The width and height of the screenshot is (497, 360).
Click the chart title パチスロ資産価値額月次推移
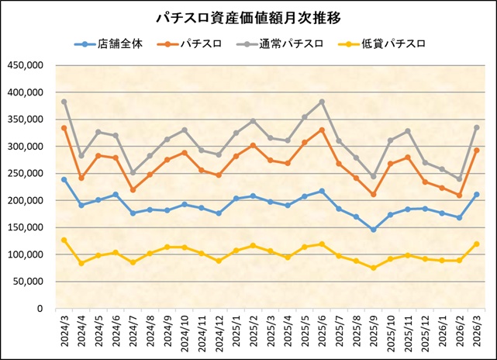(x=248, y=16)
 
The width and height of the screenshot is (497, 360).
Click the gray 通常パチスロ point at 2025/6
(x=321, y=102)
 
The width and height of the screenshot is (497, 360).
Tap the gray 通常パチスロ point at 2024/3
(x=64, y=102)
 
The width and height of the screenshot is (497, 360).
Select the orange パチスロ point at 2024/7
(x=133, y=189)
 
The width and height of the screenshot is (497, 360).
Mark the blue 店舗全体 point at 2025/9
(x=373, y=230)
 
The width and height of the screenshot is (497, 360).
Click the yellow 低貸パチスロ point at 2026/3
(x=475, y=244)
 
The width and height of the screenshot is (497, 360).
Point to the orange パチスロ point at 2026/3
(x=475, y=151)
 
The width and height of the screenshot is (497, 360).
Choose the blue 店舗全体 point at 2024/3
(x=64, y=179)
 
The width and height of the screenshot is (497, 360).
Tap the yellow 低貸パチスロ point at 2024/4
(x=81, y=263)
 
